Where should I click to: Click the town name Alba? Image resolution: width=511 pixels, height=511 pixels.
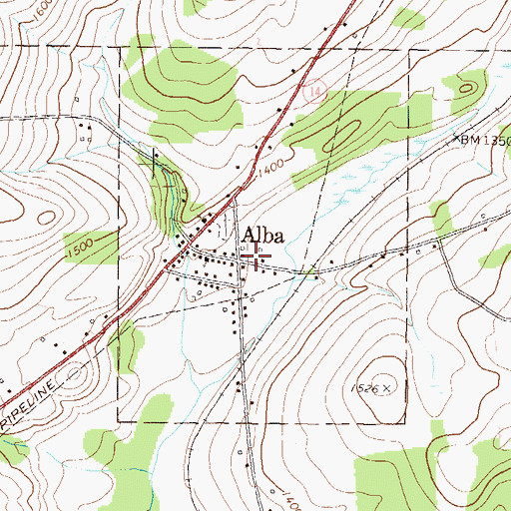261,238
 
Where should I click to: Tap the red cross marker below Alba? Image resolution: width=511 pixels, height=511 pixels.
256,261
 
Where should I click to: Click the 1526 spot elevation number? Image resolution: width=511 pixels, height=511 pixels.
365,386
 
